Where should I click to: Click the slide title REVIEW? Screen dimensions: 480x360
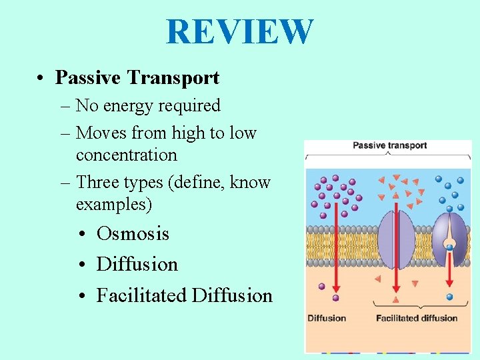[x=239, y=31]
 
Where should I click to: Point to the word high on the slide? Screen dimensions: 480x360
[x=189, y=133]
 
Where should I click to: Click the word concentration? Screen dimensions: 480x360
[x=126, y=155]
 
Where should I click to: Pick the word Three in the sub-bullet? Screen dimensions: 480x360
[x=98, y=182]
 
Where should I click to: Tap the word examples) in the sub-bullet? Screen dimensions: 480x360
[x=114, y=204]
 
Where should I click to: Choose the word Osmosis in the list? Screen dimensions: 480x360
[x=133, y=234]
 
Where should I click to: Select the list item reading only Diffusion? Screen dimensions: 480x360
[x=137, y=265]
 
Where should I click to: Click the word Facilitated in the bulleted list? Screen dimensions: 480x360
[x=141, y=295]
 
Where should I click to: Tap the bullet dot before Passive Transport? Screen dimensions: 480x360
[x=42, y=78]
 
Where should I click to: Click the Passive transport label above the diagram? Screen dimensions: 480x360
[x=389, y=146]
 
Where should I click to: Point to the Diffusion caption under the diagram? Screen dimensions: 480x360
[x=327, y=318]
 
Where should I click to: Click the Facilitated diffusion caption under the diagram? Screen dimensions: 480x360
[x=417, y=318]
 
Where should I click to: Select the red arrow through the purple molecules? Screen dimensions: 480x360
[x=336, y=240]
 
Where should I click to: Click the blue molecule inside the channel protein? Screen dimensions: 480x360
[x=450, y=248]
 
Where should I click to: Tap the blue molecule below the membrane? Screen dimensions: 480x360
[x=449, y=297]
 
